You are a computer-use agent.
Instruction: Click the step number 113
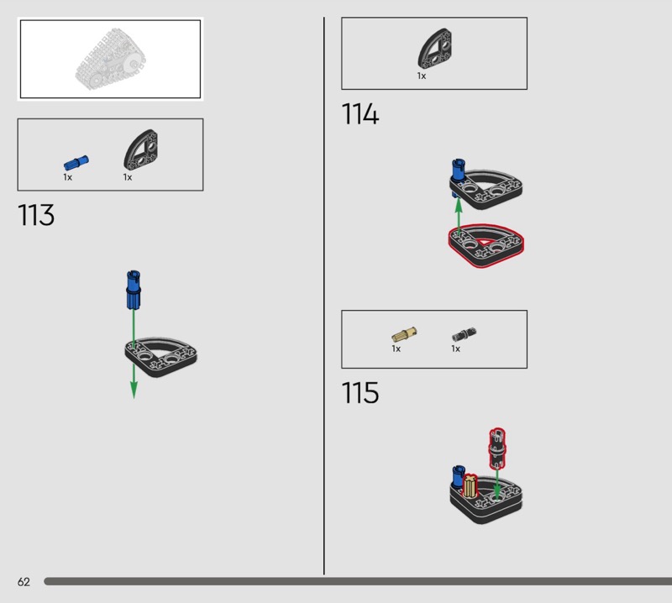[x=36, y=216]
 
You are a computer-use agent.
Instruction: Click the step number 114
[x=360, y=115]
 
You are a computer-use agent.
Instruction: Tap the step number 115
[x=360, y=393]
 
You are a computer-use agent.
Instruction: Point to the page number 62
[x=24, y=582]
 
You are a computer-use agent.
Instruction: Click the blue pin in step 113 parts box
[x=76, y=162]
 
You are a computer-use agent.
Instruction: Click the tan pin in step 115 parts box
[x=404, y=334]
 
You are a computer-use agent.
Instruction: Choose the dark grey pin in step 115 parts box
[x=464, y=334]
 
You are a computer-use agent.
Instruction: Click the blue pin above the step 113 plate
[x=132, y=291]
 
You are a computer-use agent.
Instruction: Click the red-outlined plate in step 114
[x=486, y=244]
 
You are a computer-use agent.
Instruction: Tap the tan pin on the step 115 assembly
[x=470, y=486]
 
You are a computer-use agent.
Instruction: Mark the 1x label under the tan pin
[x=396, y=349]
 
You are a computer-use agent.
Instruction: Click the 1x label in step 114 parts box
[x=422, y=76]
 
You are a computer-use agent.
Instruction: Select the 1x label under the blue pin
[x=68, y=177]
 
